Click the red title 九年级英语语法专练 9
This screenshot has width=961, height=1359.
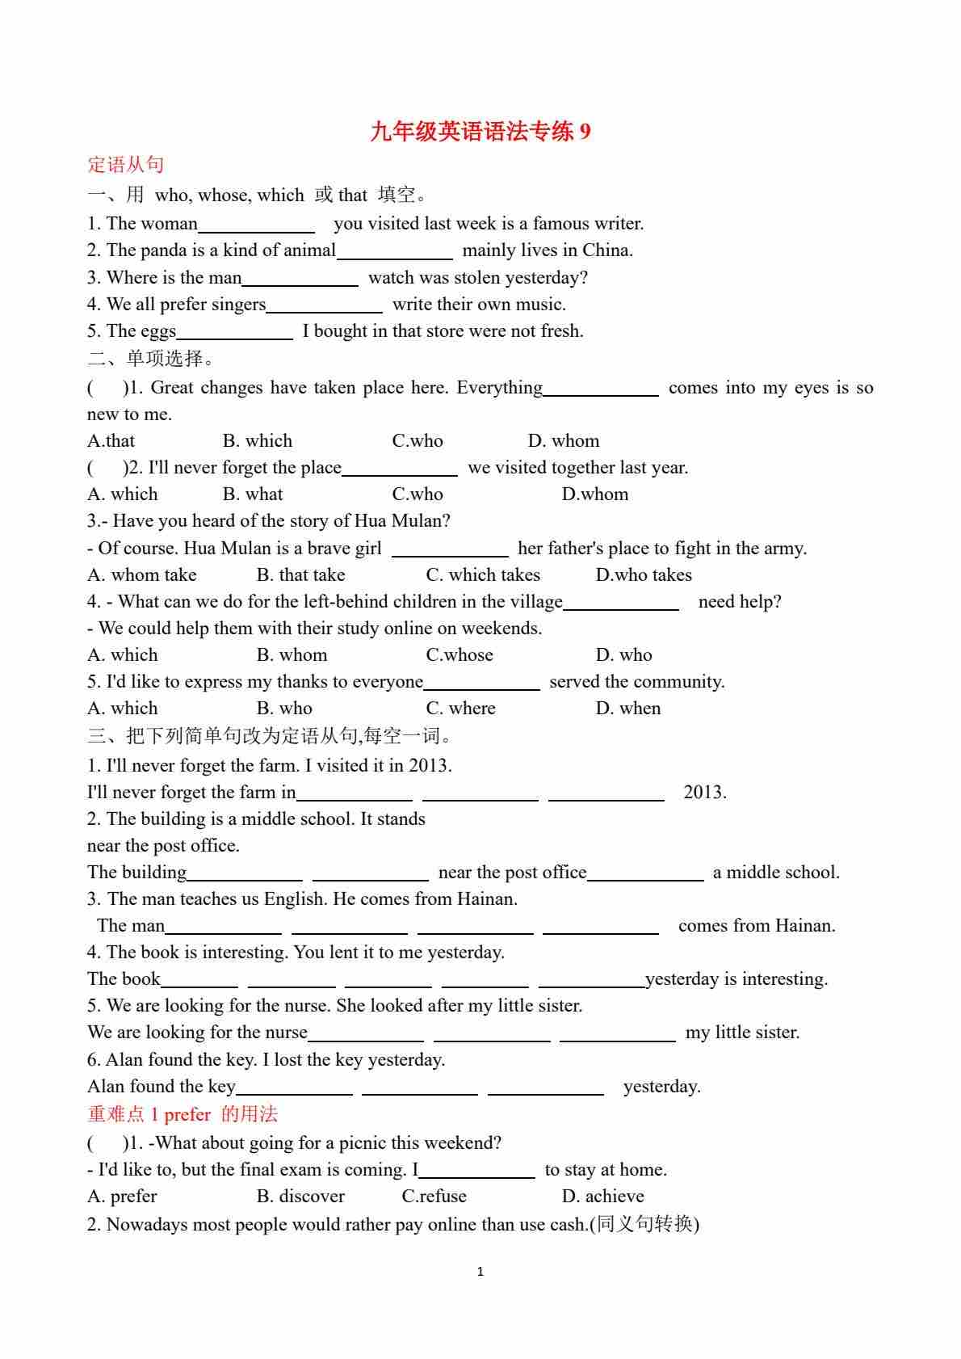click(480, 131)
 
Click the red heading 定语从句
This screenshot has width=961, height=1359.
click(125, 165)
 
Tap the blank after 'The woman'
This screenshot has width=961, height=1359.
click(256, 225)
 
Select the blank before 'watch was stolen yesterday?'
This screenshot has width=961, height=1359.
click(300, 279)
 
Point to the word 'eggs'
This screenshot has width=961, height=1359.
click(158, 331)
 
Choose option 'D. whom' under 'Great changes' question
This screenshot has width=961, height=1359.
click(564, 441)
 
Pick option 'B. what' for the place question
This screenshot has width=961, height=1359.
click(253, 494)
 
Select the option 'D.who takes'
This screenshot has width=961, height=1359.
click(644, 575)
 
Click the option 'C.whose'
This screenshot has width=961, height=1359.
click(460, 655)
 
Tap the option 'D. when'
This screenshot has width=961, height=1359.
click(628, 709)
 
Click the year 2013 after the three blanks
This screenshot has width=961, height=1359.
click(704, 793)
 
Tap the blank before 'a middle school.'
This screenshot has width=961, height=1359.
click(645, 873)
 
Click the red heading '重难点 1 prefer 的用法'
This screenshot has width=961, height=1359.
click(183, 1115)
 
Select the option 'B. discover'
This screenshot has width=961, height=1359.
click(300, 1197)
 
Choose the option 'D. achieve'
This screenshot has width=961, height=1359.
click(602, 1197)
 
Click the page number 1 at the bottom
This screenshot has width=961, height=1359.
click(480, 1272)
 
